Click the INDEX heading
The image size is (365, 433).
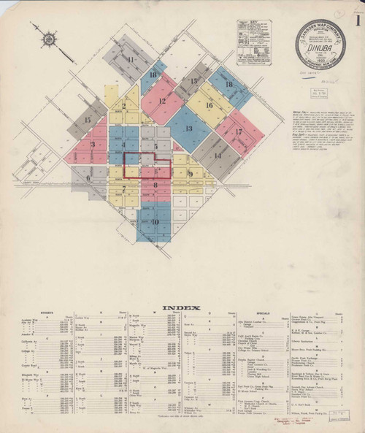182,307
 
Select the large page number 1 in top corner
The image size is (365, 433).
357,21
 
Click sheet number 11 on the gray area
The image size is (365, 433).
131,59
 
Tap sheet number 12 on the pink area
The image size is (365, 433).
162,101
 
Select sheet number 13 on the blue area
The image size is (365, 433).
188,129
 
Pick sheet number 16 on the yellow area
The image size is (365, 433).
209,105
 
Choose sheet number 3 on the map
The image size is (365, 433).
93,145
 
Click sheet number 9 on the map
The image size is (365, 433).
191,174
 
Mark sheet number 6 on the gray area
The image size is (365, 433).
88,177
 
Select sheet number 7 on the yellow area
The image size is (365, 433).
124,189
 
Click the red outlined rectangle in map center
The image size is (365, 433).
147,164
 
